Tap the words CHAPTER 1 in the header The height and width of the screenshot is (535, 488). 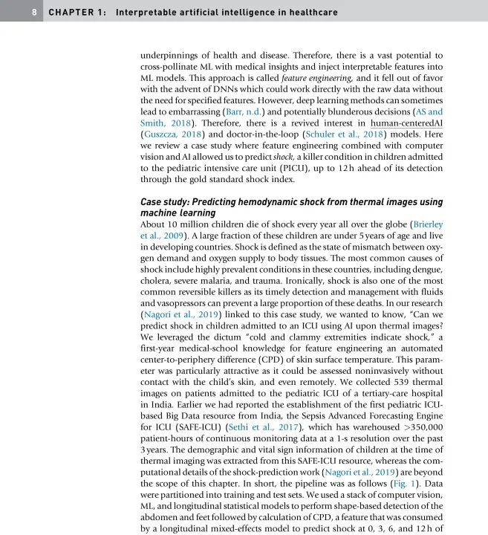click(74, 13)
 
